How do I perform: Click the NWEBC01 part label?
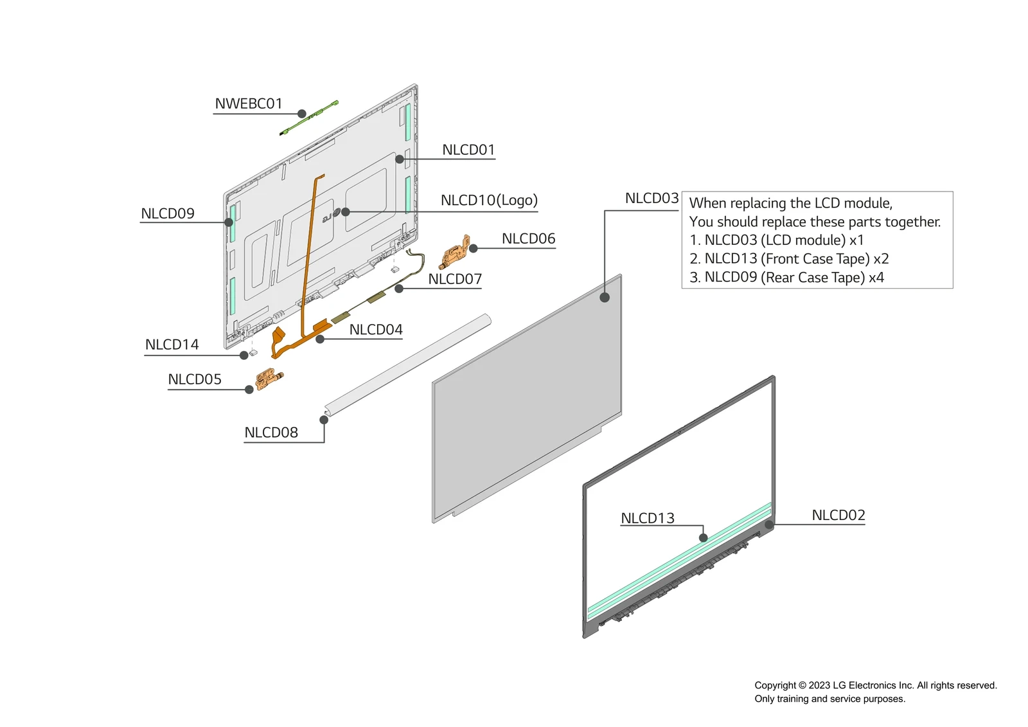click(248, 103)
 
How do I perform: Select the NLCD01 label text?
click(468, 150)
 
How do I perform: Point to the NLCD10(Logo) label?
click(489, 201)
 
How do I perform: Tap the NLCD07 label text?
click(455, 279)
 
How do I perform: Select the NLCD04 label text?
click(376, 330)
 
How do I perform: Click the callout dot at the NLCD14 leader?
click(244, 355)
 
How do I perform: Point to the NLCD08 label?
click(271, 433)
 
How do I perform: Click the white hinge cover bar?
click(408, 364)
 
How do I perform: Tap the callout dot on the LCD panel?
click(605, 298)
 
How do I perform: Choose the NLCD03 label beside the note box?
click(651, 199)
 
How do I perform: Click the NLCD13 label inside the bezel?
click(648, 518)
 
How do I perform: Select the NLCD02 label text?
click(838, 516)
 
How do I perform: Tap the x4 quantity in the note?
click(876, 278)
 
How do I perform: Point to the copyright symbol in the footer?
click(802, 686)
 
